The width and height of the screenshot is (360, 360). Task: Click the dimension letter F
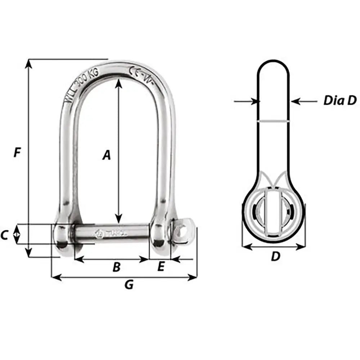pyautogui.click(x=17, y=152)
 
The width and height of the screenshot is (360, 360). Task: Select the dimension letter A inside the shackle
pyautogui.click(x=106, y=155)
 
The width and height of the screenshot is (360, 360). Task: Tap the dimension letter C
pyautogui.click(x=4, y=235)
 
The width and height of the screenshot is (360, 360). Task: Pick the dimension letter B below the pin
pyautogui.click(x=116, y=267)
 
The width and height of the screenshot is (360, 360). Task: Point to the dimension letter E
pyautogui.click(x=161, y=266)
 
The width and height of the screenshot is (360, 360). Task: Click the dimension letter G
pyautogui.click(x=129, y=285)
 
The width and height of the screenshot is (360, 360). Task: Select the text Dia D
pyautogui.click(x=339, y=100)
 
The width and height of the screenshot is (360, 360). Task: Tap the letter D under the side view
pyautogui.click(x=275, y=256)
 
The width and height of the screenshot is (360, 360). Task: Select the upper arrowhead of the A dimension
pyautogui.click(x=118, y=83)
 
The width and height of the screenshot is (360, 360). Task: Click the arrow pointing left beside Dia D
pyautogui.click(x=296, y=102)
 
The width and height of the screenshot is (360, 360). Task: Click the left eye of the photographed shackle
pyautogui.click(x=62, y=236)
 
